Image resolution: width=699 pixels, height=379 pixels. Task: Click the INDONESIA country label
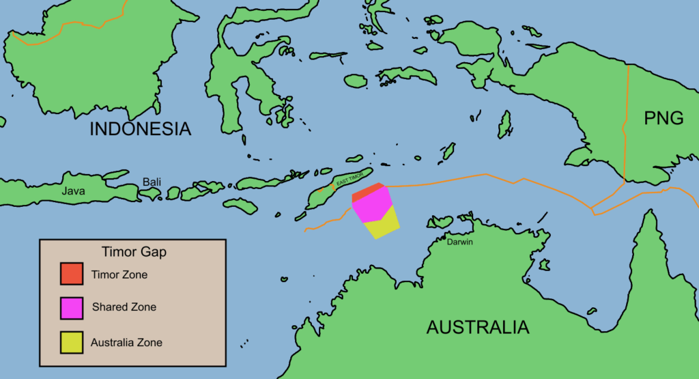click(141, 128)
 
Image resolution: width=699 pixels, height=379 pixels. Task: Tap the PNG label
click(664, 118)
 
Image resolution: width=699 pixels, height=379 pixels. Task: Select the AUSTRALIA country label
click(478, 327)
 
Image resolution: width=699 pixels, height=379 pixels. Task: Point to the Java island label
click(73, 191)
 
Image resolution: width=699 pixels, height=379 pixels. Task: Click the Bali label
click(152, 182)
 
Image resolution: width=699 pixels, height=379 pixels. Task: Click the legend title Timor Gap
click(133, 252)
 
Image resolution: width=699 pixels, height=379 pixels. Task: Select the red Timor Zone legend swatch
click(71, 274)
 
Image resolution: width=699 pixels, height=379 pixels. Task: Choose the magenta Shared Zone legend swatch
click(71, 307)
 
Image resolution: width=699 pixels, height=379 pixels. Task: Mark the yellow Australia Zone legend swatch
click(71, 341)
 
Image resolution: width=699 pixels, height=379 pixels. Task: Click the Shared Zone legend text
click(124, 307)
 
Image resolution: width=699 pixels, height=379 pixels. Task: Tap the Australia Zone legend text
click(126, 342)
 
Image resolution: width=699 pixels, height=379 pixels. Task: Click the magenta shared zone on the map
click(373, 206)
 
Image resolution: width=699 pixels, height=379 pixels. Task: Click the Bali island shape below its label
click(150, 194)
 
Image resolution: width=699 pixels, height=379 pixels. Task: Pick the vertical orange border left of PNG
click(625, 123)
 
